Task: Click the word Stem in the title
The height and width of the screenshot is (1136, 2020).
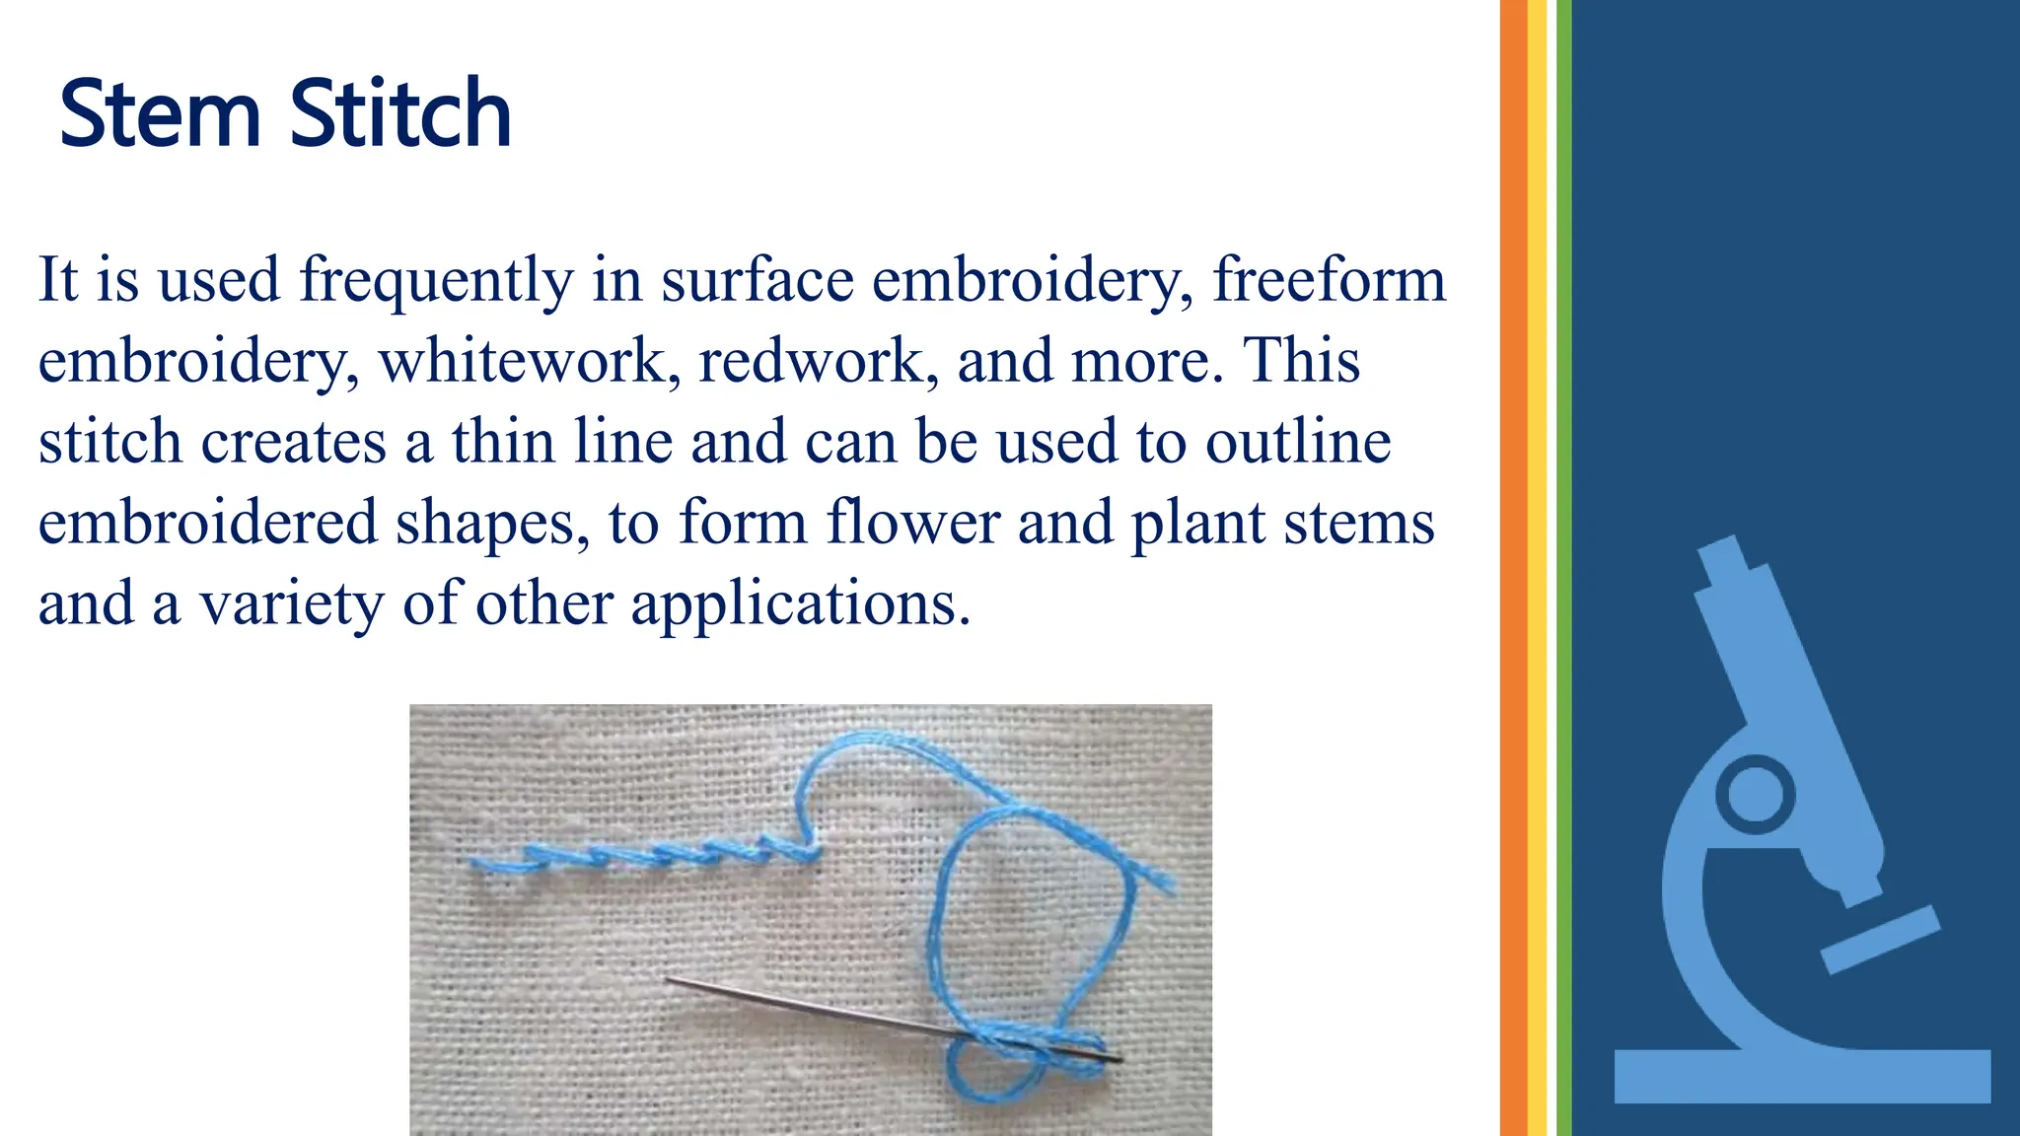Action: coord(160,114)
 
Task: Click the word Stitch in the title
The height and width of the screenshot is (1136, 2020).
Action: coord(400,114)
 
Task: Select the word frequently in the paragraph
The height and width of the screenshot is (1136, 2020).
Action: coord(436,281)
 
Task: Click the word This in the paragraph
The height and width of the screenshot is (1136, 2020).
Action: coord(1301,361)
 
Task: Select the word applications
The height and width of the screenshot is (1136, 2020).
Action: coord(800,604)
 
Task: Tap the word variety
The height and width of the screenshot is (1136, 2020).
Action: coord(292,604)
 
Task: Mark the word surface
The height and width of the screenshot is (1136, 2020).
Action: coord(757,281)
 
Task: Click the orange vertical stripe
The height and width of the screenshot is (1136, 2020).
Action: coord(1513,568)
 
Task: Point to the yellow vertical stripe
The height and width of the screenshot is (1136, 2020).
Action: coord(1537,568)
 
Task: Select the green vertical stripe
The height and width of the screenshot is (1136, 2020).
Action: coord(1563,568)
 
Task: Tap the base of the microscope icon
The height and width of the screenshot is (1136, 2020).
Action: coord(1802,1076)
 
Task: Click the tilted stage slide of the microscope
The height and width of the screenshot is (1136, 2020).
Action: coord(1879,940)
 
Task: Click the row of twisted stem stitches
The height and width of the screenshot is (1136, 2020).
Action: coord(641,855)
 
